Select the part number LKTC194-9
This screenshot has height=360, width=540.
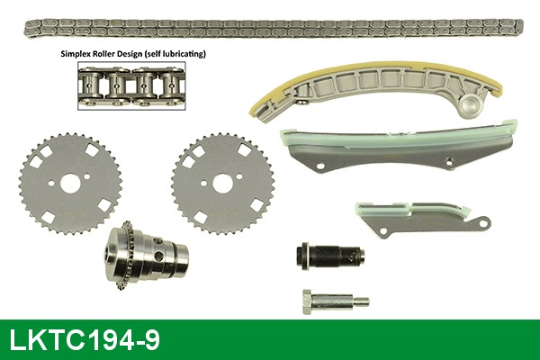(85, 340)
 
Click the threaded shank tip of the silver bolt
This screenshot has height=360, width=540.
(360, 301)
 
